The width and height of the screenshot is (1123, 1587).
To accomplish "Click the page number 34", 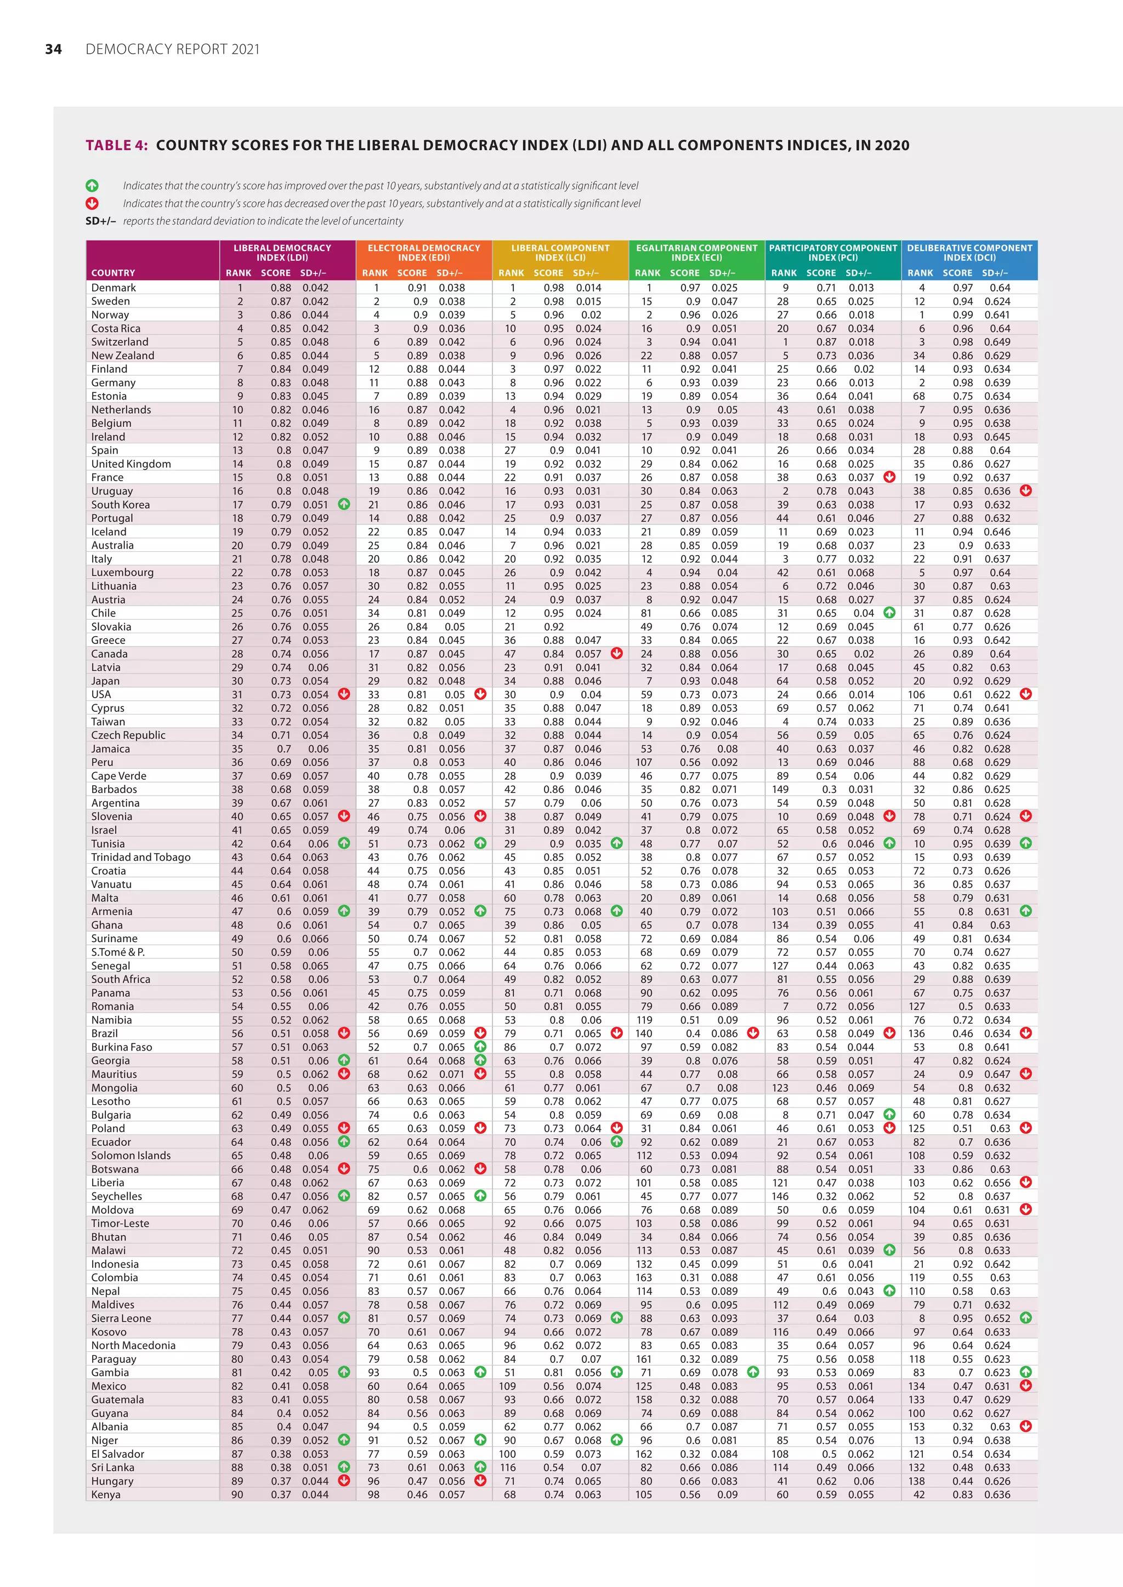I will click(53, 49).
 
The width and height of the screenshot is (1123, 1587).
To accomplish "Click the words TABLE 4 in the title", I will click(116, 145).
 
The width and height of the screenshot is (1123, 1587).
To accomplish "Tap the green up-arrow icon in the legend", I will click(92, 186).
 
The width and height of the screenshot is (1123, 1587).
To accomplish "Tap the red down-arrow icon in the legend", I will click(92, 203).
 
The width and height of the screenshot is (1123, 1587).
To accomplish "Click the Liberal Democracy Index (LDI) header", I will click(282, 252).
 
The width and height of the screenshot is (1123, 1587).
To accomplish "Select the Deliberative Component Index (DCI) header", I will click(969, 252).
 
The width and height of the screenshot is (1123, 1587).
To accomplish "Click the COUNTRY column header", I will click(114, 273).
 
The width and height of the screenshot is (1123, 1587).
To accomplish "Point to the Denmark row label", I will click(114, 288).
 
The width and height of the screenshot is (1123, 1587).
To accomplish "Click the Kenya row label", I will click(106, 1494).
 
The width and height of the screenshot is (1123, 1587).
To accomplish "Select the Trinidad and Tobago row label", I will click(140, 857).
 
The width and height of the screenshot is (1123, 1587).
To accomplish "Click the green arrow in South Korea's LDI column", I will click(344, 505).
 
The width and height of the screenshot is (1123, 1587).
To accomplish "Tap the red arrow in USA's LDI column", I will click(344, 694).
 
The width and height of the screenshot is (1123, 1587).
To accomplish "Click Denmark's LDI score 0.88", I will click(280, 288).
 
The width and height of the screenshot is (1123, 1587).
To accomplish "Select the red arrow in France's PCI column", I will click(889, 477).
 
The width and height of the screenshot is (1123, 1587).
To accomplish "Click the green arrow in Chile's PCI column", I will click(889, 613).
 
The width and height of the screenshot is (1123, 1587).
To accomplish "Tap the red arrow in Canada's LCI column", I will click(617, 654).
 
